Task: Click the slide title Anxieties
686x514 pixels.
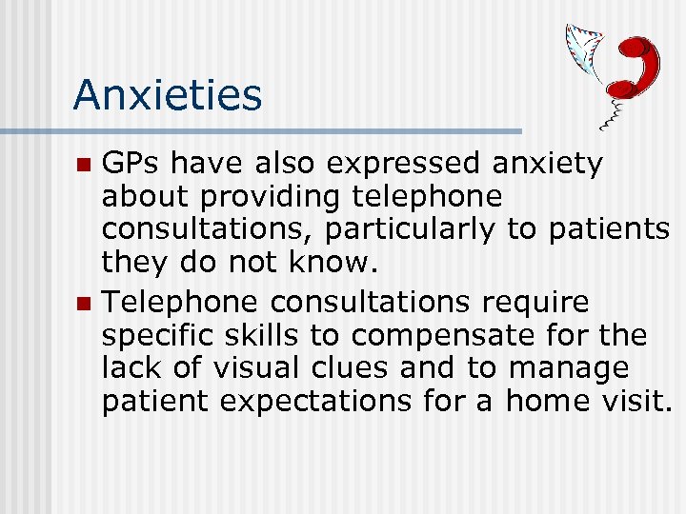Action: tap(167, 95)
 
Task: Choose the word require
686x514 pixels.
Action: tap(536, 303)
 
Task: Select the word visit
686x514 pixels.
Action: tap(635, 402)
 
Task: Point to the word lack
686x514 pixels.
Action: tap(133, 368)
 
